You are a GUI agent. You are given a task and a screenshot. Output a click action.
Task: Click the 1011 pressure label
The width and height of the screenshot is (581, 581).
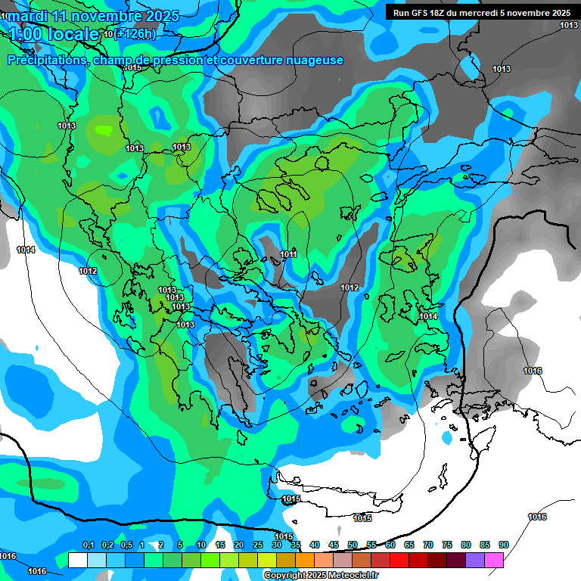(x=288, y=255)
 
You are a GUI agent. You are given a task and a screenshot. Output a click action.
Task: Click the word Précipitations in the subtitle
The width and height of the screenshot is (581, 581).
(x=45, y=61)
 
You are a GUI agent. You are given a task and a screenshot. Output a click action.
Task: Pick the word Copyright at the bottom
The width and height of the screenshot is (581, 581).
(x=286, y=576)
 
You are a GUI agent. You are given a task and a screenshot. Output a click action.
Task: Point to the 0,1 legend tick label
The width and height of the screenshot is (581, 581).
(x=88, y=545)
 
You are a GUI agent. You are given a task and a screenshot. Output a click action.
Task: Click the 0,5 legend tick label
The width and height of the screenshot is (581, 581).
(x=126, y=545)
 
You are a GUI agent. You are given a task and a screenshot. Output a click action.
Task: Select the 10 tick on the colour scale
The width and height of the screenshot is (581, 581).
(x=201, y=545)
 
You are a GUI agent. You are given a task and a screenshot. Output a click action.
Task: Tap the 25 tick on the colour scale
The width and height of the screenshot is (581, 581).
(x=258, y=545)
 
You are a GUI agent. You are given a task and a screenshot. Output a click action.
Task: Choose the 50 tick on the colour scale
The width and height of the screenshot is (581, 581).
(x=353, y=545)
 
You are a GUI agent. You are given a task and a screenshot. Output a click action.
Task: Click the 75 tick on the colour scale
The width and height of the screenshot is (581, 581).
(x=447, y=545)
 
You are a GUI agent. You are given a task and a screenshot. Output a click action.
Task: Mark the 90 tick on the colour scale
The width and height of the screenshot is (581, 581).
(x=504, y=545)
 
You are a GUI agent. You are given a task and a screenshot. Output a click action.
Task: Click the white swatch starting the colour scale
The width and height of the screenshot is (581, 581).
(x=77, y=560)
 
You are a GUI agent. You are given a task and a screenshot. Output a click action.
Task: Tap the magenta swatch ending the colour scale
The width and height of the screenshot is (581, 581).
(x=494, y=560)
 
